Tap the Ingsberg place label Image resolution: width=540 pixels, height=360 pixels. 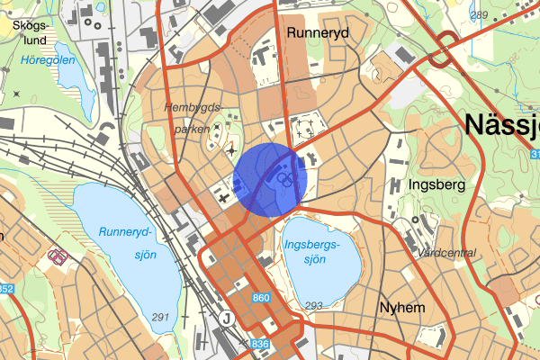pyautogui.click(x=436, y=184)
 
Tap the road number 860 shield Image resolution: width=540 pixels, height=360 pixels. pyautogui.click(x=262, y=298)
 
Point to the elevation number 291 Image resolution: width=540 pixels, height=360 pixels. pyautogui.click(x=161, y=317)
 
